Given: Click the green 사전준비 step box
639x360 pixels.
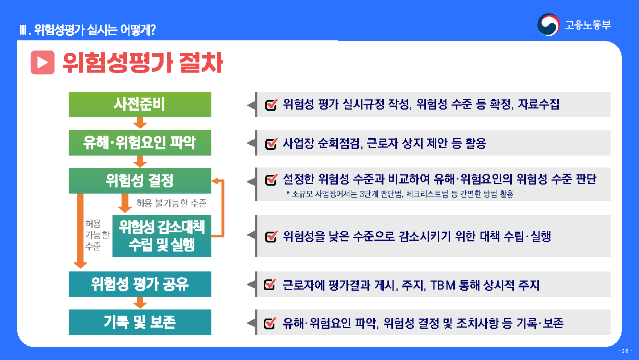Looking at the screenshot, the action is [x=140, y=104].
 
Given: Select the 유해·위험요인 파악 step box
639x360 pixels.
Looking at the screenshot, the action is [x=140, y=143].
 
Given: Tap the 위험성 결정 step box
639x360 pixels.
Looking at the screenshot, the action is [x=140, y=181].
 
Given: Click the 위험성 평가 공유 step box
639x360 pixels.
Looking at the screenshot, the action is [x=140, y=284].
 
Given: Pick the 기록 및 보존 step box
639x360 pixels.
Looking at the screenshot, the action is [x=140, y=322].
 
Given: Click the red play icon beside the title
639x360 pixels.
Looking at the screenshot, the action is [x=43, y=63].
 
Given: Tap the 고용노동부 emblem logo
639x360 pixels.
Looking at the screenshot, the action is [x=549, y=24].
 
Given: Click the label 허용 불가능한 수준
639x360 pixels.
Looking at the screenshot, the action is [x=171, y=203].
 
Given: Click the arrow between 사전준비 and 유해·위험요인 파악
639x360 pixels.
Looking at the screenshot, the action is [x=140, y=123].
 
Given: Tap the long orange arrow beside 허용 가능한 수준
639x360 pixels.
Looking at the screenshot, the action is [x=81, y=230].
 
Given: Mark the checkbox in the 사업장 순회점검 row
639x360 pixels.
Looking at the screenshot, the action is [x=271, y=144].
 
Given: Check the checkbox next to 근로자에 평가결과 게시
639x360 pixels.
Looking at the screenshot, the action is [x=271, y=285].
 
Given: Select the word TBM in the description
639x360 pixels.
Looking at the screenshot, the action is [x=442, y=285].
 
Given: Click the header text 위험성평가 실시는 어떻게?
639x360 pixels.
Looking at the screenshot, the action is [x=87, y=30].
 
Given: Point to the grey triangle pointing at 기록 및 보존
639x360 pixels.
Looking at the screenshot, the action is [x=250, y=323].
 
